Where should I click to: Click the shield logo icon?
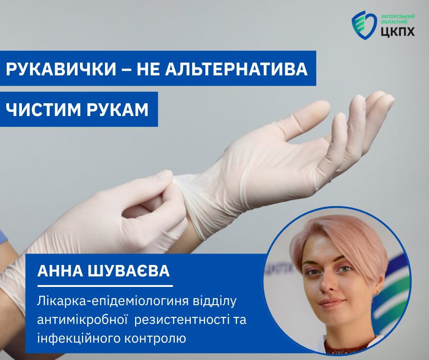364,25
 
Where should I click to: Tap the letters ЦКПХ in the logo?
398,32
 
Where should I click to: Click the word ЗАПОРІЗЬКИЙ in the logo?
398,16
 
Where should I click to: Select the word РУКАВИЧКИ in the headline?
61,69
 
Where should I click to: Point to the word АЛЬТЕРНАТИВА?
236,69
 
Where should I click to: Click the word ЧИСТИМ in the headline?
43,110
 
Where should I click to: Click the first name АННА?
60,271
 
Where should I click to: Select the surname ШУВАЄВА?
129,271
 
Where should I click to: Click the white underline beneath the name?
105,286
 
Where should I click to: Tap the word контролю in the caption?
155,339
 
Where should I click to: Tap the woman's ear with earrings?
379,286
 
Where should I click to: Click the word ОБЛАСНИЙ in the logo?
394,22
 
